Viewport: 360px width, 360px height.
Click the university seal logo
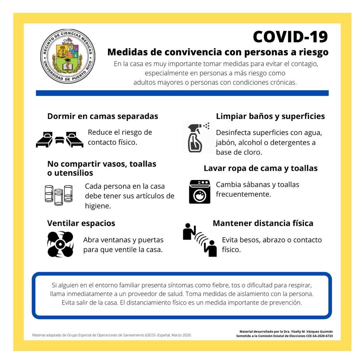pyautogui.click(x=67, y=56)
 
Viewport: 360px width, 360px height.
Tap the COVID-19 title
pyautogui.click(x=290, y=37)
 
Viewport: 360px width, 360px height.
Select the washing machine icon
pyautogui.click(x=199, y=192)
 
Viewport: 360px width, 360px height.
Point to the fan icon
pyautogui.click(x=60, y=244)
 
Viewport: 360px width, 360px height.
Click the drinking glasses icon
pyautogui.click(x=58, y=195)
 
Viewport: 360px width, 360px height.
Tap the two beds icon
pyautogui.click(x=59, y=140)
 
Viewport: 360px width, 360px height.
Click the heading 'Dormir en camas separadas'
pyautogui.click(x=103, y=116)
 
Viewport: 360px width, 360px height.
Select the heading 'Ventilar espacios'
pyautogui.click(x=81, y=223)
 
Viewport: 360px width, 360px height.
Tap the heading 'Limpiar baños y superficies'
pyautogui.click(x=270, y=116)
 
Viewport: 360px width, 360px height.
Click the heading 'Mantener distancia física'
pyautogui.click(x=263, y=223)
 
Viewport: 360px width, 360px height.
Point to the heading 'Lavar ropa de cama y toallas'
pyautogui.click(x=261, y=168)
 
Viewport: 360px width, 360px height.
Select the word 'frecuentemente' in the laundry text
pyautogui.click(x=243, y=194)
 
